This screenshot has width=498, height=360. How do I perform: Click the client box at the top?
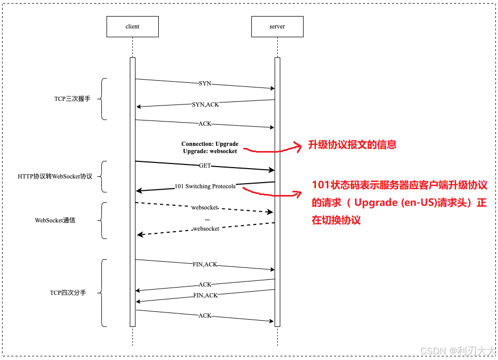[x=132, y=26]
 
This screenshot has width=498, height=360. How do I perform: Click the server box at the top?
[x=277, y=26]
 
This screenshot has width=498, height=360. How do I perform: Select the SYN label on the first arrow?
[x=205, y=83]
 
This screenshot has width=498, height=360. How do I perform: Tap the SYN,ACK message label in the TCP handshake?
[x=205, y=104]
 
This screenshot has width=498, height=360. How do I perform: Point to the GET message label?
[x=205, y=166]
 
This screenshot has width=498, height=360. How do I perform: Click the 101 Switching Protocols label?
[x=205, y=186]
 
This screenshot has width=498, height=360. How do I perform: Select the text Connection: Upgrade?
[x=210, y=144]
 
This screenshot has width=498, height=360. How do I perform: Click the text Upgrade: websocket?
[x=210, y=151]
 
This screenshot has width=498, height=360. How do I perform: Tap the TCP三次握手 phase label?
[x=72, y=99]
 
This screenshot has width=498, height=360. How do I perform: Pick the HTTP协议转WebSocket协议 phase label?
[x=55, y=176]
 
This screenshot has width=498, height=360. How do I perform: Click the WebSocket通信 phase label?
[x=55, y=220]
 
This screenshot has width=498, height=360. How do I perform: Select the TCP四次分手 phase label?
[x=68, y=293]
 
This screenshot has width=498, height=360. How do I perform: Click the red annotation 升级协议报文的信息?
[x=352, y=145]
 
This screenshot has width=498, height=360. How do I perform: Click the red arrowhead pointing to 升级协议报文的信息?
[x=298, y=147]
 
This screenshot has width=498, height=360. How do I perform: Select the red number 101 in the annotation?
[x=321, y=186]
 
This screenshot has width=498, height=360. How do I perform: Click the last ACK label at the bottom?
[x=205, y=316]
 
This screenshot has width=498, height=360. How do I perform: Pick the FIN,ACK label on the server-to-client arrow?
[x=205, y=295]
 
